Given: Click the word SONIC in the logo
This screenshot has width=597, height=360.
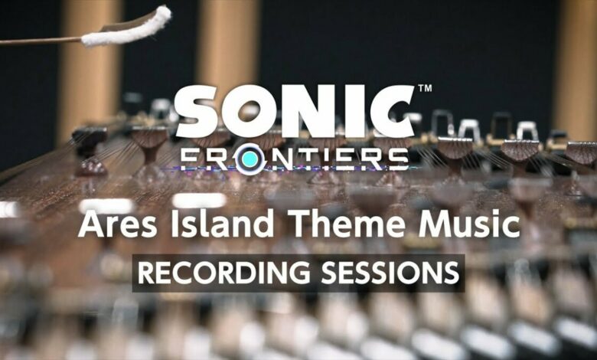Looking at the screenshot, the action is [295, 111].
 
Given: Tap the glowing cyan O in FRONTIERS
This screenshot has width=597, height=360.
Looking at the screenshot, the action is [250, 159].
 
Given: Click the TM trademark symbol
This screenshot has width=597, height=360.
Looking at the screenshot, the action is [425, 88].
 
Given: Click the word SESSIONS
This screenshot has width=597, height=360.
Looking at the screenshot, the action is [390, 273].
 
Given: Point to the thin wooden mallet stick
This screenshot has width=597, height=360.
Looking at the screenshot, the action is [41, 41].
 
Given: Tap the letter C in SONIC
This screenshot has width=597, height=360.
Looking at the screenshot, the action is [393, 111].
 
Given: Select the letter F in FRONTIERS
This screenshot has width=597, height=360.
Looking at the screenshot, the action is [189, 159].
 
